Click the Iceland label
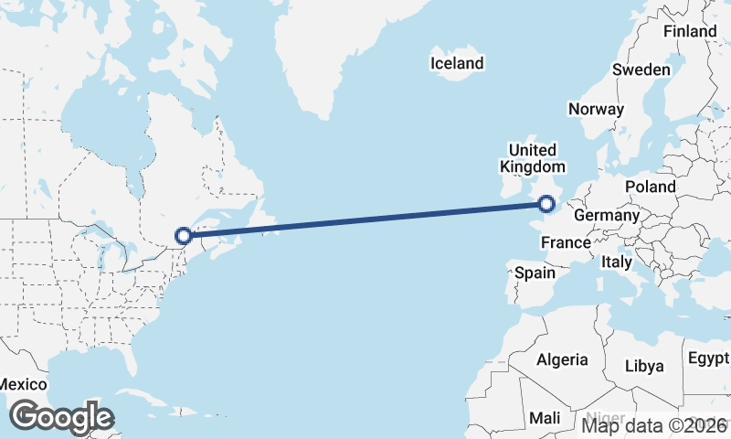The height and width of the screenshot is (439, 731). (457, 63)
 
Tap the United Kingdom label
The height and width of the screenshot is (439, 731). (532, 158)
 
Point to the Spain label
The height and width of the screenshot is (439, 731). (535, 273)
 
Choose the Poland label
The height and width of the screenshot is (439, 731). (650, 187)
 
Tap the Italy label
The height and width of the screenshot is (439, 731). (616, 262)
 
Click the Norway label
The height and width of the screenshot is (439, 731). (596, 109)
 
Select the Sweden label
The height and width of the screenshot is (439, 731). (641, 70)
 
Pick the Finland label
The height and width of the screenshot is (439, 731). (690, 31)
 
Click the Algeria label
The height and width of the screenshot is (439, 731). (562, 359)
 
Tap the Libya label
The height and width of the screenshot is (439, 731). (643, 366)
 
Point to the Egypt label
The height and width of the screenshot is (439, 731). (708, 357)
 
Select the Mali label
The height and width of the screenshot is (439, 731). (546, 418)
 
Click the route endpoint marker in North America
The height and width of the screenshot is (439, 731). (183, 235)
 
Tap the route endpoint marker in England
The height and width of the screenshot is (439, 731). (546, 204)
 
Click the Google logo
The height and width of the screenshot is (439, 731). (62, 417)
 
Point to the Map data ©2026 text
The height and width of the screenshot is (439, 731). (654, 425)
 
